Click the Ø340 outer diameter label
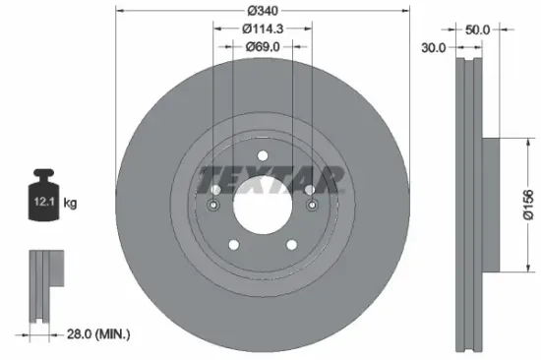click(x=263, y=12)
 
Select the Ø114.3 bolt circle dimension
click(x=263, y=30)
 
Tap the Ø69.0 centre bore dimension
click(x=263, y=46)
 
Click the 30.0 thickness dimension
click(x=433, y=46)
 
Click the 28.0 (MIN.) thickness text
click(x=90, y=335)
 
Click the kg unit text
click(x=70, y=203)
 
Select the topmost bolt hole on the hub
click(x=263, y=157)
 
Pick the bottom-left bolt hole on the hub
click(x=234, y=246)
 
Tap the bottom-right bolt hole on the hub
click(x=291, y=246)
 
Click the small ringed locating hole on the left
click(x=214, y=206)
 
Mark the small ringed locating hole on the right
click(x=312, y=206)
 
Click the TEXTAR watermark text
click(x=270, y=180)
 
